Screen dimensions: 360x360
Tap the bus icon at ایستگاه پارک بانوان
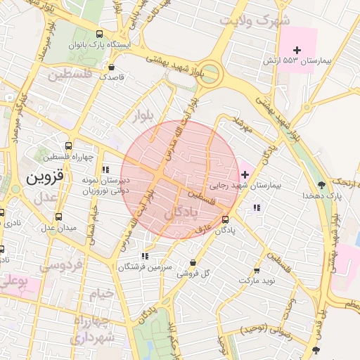point(100,34)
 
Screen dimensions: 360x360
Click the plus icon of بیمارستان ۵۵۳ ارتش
point(297,50)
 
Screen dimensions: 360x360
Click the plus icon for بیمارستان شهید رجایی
point(244,174)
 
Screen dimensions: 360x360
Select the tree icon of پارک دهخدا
point(321,185)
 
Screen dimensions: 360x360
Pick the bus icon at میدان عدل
point(58,217)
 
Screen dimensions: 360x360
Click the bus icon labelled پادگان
point(224,219)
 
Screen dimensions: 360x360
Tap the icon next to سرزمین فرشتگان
point(144,257)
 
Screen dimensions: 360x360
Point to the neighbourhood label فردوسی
point(60,266)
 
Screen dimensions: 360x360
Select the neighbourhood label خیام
point(101,295)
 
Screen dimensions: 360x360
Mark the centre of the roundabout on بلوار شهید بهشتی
point(208,74)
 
